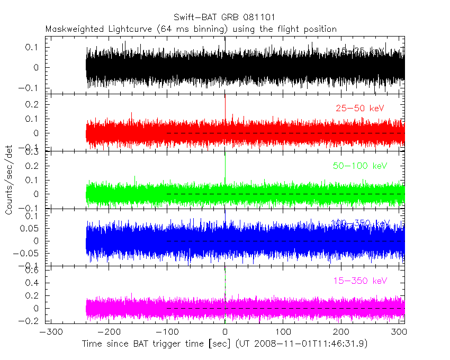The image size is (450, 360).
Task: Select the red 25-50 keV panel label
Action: (359, 109)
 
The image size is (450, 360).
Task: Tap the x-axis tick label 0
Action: (225, 333)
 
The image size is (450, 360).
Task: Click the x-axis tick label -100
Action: (165, 333)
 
